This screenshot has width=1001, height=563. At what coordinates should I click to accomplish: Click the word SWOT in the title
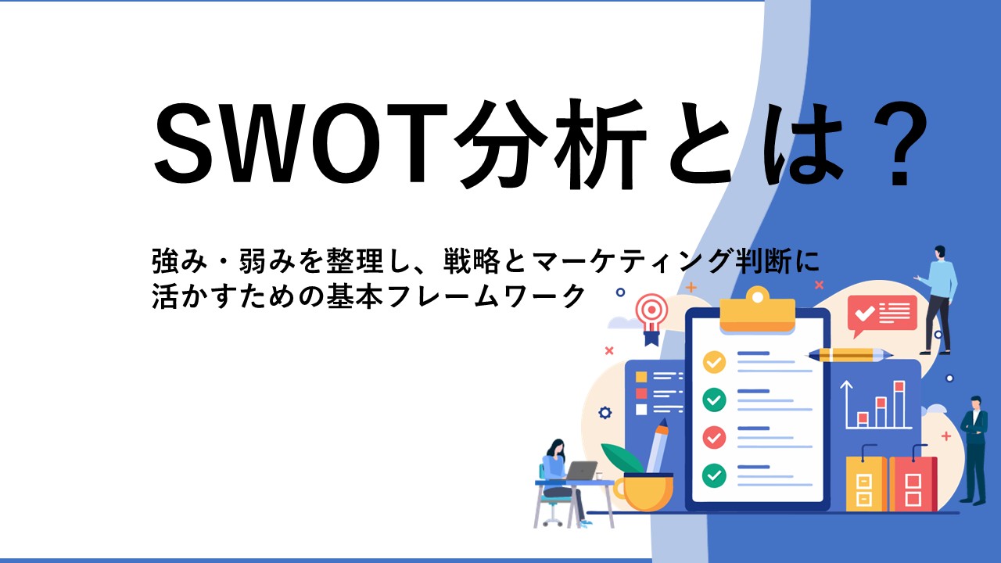point(300,143)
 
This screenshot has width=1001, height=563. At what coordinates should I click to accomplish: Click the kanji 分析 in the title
point(551,143)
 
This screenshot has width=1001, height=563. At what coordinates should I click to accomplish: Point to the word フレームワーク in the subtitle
point(486,296)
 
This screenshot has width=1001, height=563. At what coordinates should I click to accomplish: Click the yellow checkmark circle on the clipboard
point(714,362)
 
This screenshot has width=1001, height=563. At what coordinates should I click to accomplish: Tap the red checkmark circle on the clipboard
point(714,437)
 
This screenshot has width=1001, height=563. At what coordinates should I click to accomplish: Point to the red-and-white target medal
point(652,318)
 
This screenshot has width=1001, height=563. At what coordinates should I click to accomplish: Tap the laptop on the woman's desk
point(580,471)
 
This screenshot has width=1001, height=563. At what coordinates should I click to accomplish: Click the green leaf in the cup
point(622,457)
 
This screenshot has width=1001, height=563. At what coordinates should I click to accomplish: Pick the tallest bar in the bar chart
point(899,404)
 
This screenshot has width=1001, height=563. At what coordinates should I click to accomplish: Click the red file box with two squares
point(913,483)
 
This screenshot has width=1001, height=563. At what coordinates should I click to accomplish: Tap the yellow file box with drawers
point(866,483)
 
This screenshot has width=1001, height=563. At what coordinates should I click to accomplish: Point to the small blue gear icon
point(605,413)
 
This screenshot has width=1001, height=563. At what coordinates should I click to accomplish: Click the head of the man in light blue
point(939,253)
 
